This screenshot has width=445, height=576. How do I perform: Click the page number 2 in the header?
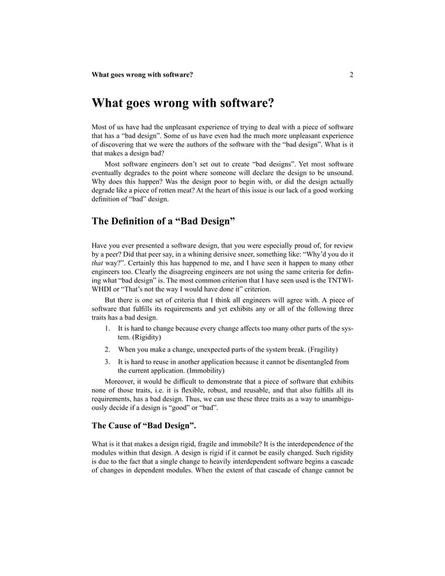[x=352, y=74]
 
